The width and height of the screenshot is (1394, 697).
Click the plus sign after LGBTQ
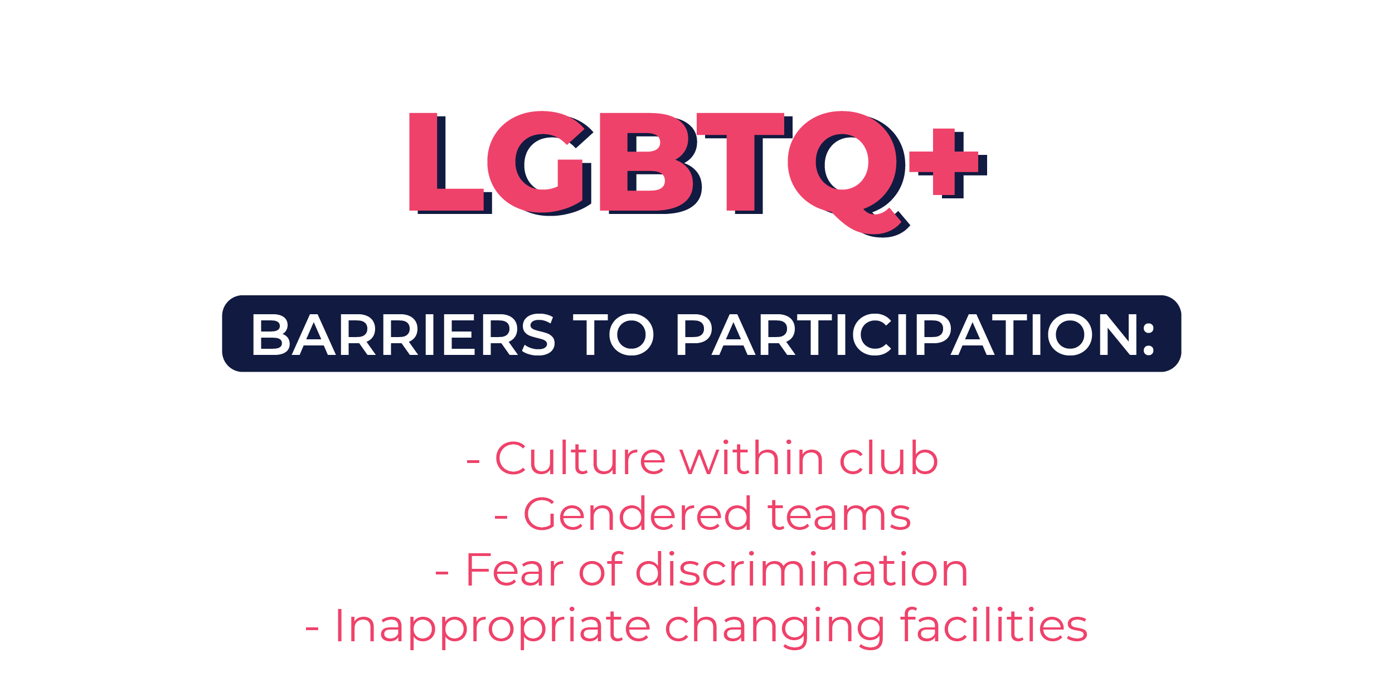coord(948,163)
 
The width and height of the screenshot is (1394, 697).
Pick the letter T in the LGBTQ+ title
coord(745,163)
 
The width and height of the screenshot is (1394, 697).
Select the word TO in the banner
coord(613,334)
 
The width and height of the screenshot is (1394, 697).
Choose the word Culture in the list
coord(580,459)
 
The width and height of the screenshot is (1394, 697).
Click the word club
coord(888,457)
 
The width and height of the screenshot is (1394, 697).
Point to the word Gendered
coord(638,513)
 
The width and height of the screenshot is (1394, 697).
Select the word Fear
coord(515,569)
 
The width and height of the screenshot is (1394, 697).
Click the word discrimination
coord(802,569)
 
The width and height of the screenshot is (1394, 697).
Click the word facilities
coord(994,624)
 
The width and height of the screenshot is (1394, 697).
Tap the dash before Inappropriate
coord(312,629)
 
